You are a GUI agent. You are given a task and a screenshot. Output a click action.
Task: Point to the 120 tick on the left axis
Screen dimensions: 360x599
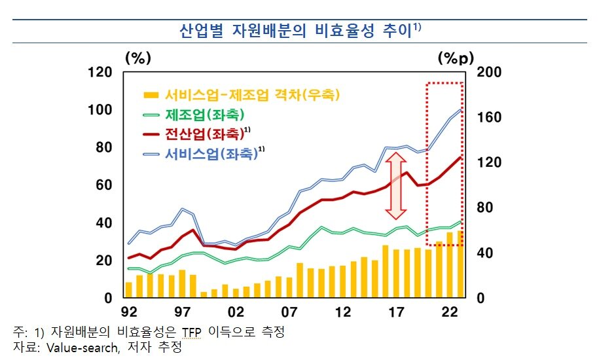tap(100, 72)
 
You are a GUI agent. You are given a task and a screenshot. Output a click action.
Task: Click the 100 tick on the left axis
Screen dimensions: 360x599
tap(100, 110)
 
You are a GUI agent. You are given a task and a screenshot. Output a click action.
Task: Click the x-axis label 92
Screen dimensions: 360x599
tap(128, 312)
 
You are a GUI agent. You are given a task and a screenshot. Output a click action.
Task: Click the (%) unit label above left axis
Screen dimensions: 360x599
tap(137, 58)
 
